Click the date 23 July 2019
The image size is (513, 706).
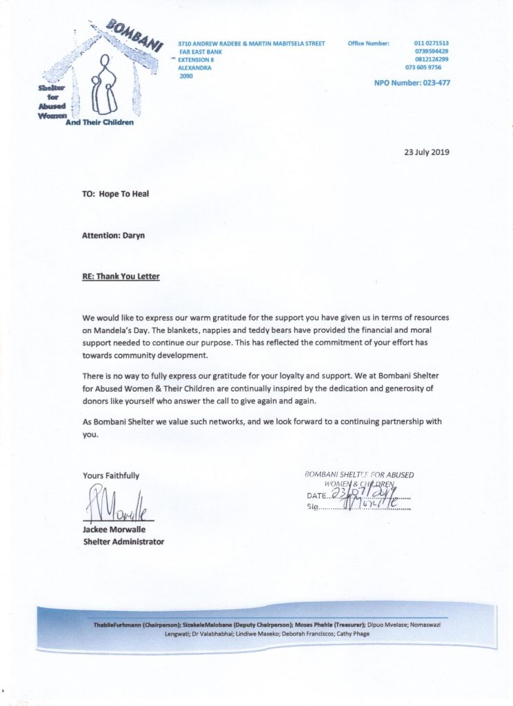pos(426,152)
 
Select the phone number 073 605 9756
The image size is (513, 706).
pos(424,68)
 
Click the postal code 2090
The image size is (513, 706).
pos(186,76)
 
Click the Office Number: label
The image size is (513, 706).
pos(369,43)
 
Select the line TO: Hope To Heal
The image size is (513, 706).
pos(115,194)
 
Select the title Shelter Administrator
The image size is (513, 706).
pos(123,542)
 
